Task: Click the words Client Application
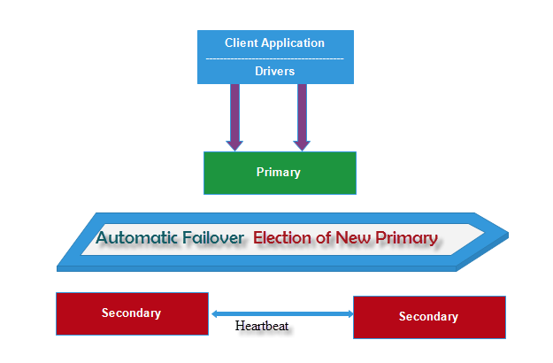[x=274, y=42]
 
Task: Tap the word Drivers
[x=274, y=70]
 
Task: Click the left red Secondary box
[x=132, y=313]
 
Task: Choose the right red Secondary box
[x=429, y=317]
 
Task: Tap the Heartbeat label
[x=262, y=326]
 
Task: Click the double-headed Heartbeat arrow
[x=281, y=313]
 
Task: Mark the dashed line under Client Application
[x=274, y=58]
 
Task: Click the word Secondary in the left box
[x=132, y=313]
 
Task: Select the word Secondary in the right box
[x=429, y=316]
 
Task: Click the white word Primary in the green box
[x=279, y=172]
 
